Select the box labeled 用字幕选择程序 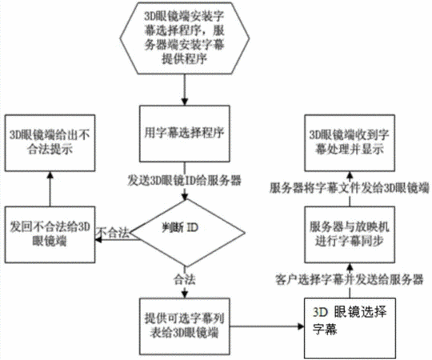[x=184, y=134]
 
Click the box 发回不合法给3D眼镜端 [x=50, y=234]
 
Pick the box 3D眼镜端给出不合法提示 [x=50, y=143]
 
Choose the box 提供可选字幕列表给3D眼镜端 [x=184, y=326]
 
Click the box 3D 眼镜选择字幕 [x=350, y=328]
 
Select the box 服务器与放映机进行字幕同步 [x=350, y=234]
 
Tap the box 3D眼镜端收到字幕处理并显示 [x=350, y=143]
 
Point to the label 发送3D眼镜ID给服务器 [x=184, y=181]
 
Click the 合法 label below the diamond [x=184, y=279]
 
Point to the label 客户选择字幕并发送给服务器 [x=349, y=280]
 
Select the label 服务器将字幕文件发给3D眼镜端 [x=350, y=189]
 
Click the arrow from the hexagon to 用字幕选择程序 [x=185, y=90]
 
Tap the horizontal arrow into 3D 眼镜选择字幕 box [x=267, y=326]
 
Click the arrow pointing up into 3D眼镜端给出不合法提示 [x=50, y=189]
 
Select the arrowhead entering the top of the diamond [x=185, y=196]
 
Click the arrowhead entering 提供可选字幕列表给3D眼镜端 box [x=185, y=295]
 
